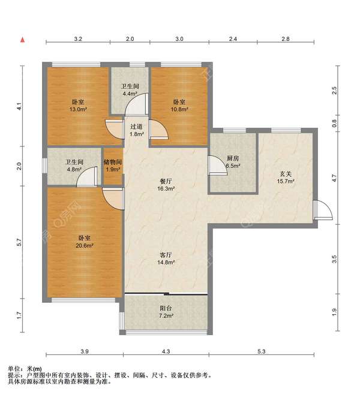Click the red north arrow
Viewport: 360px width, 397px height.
23,40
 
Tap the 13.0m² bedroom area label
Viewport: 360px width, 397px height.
78,109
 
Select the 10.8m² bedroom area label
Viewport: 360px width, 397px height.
179,109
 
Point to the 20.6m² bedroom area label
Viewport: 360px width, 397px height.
85,245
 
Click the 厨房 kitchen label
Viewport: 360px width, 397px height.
233,158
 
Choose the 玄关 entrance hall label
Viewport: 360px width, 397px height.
286,174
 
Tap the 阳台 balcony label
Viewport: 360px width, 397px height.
166,308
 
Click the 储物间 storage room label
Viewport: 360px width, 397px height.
113,162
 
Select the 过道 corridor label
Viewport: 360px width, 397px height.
137,127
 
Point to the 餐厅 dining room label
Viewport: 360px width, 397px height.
166,181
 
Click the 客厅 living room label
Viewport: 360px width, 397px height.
166,255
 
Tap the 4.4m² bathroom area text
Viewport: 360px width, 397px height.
130,94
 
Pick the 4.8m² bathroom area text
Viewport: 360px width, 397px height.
74,169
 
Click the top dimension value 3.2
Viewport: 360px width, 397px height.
78,39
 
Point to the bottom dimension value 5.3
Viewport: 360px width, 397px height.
262,351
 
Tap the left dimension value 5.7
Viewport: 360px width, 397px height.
19,242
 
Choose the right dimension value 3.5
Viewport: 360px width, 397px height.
334,259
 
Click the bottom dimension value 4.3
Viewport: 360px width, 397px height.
166,351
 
